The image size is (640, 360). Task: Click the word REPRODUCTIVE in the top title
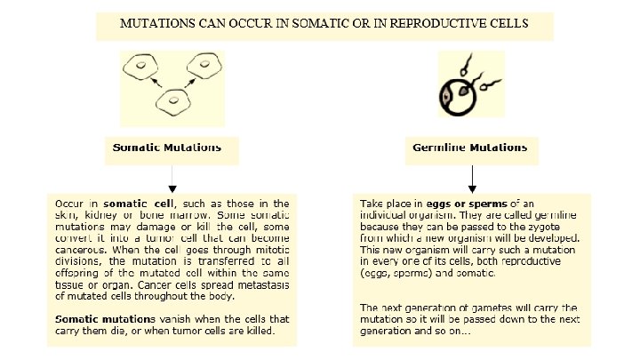tap(450, 23)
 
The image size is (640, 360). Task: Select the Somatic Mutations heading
tap(167, 146)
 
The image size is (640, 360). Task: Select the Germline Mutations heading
tap(470, 146)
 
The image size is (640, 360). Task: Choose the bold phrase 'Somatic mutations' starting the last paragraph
tap(105, 318)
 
